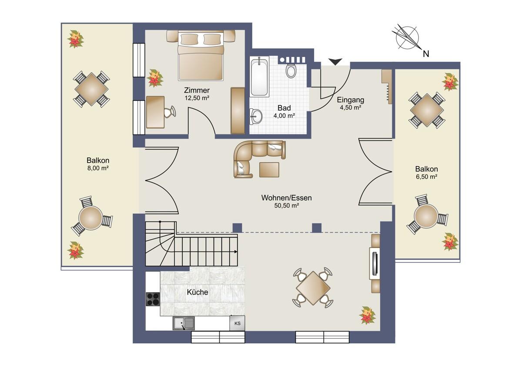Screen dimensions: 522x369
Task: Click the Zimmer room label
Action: tap(197, 90)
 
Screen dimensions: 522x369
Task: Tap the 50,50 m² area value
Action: tap(286, 205)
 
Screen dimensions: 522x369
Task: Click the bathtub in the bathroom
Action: tap(259, 77)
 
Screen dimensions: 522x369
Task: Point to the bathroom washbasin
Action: tap(256, 116)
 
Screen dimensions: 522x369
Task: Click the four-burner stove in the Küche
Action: tap(153, 299)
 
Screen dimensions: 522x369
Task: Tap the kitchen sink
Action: tap(184, 323)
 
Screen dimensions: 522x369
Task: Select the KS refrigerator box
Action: tap(237, 323)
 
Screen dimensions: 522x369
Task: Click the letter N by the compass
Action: tap(426, 54)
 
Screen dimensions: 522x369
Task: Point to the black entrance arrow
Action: tap(335, 62)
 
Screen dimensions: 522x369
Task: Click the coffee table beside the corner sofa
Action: tap(269, 170)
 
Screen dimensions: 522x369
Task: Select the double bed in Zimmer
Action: tap(201, 55)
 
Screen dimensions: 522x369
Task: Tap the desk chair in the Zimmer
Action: tap(170, 112)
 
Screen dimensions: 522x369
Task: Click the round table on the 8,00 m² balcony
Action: tap(90, 218)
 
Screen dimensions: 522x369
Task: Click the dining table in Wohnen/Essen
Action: tap(313, 288)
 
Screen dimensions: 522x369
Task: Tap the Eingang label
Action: tap(351, 100)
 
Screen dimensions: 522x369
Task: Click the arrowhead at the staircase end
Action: tap(236, 252)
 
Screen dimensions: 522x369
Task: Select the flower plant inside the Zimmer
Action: tap(155, 78)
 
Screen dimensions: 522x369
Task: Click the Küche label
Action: tap(197, 292)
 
